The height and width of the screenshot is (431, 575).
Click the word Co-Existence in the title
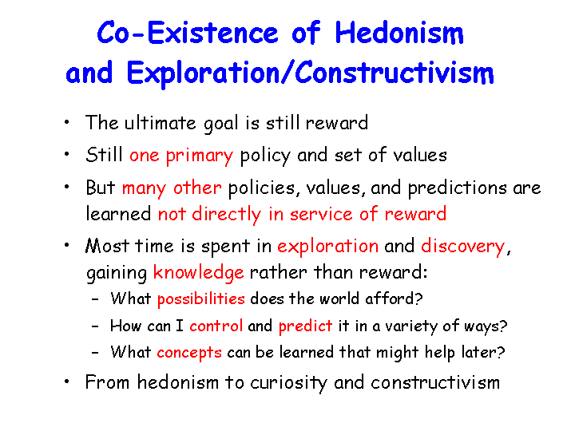[x=188, y=32]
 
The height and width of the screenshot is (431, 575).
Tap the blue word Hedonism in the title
[x=399, y=32]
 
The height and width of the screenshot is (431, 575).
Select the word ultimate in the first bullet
[x=161, y=123]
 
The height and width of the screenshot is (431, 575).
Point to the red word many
[x=144, y=188]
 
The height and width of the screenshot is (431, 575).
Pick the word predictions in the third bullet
[x=458, y=188]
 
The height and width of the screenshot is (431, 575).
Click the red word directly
[x=226, y=215]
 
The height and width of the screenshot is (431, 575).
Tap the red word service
[x=321, y=214]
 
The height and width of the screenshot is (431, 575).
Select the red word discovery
[x=462, y=247]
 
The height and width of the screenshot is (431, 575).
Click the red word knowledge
[x=198, y=273]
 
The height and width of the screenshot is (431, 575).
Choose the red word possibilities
[x=201, y=299]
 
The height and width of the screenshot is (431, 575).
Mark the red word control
[x=216, y=326]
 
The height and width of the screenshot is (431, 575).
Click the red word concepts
[x=189, y=353]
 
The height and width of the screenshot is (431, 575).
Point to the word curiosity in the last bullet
[x=288, y=383]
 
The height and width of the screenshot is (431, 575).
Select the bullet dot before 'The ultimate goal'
[x=66, y=122]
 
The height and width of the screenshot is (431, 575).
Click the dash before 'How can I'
[x=95, y=326]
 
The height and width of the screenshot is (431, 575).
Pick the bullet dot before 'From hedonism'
[x=66, y=382]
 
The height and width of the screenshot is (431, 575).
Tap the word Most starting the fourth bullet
[x=107, y=246]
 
